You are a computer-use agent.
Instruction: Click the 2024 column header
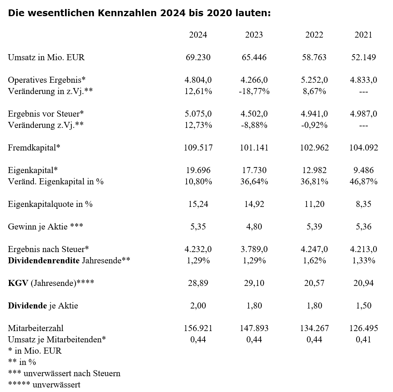coord(198,35)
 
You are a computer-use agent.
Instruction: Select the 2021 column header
coord(363,35)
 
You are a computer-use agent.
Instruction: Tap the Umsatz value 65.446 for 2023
coord(254,58)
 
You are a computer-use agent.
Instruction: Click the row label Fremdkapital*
coord(34,148)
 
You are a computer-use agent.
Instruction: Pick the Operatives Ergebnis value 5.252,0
coord(314,80)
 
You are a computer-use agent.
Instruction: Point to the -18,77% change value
coord(254,91)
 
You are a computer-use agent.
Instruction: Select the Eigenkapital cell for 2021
coord(363,170)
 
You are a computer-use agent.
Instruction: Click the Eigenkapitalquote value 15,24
coord(198,204)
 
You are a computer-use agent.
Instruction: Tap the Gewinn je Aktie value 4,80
coord(254,227)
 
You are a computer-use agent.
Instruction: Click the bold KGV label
coord(18,283)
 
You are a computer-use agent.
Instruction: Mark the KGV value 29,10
coord(254,283)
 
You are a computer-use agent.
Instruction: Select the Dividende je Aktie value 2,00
coord(198,306)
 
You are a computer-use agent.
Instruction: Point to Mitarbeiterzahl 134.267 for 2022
coord(314,328)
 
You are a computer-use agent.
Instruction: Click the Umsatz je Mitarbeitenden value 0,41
coord(363,340)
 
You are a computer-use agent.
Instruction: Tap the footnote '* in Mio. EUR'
coord(35,351)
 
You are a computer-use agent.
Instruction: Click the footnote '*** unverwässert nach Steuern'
coord(64,374)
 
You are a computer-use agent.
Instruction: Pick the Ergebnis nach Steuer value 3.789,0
coord(254,249)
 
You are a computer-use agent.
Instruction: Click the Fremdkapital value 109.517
coord(198,148)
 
